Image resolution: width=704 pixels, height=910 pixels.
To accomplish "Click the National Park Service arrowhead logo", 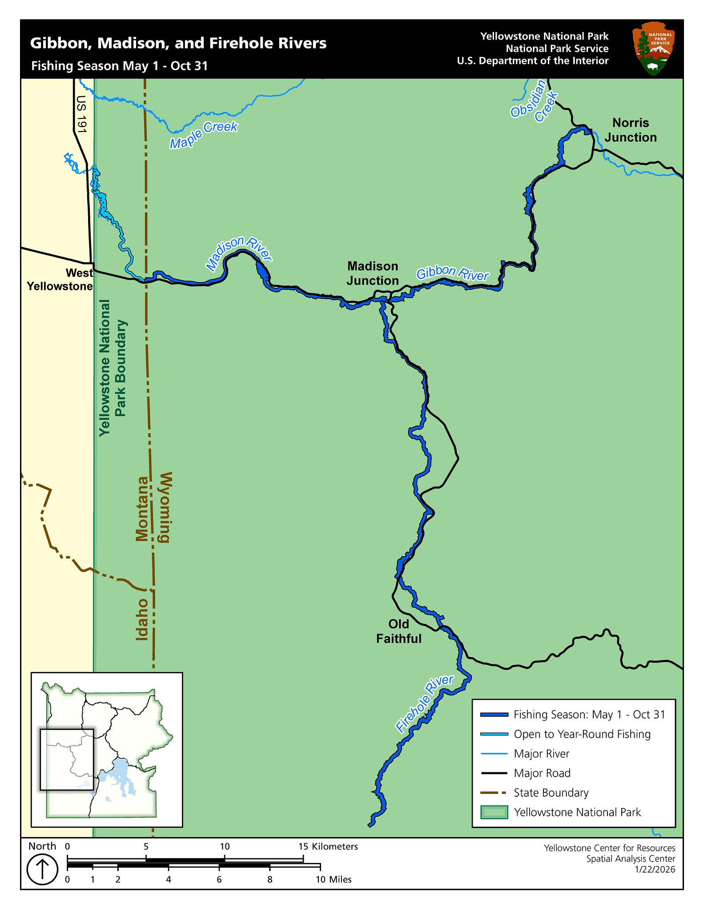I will (x=653, y=49).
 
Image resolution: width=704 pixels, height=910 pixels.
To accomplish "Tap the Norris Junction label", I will (x=630, y=130).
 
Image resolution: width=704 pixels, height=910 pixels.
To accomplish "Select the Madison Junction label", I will (x=372, y=273).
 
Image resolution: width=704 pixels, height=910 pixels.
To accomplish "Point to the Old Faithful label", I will (x=398, y=631).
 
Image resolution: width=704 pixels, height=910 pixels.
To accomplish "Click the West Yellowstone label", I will (x=60, y=279).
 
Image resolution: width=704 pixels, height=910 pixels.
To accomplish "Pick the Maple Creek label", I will (x=204, y=135).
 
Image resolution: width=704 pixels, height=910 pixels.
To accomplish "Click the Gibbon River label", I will (x=452, y=274).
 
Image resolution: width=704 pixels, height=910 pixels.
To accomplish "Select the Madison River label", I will (x=238, y=254).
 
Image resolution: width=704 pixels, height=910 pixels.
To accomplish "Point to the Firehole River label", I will (x=425, y=703).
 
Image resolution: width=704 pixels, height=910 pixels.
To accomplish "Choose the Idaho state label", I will (x=141, y=619).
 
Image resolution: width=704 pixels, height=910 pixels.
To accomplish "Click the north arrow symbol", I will (x=42, y=869).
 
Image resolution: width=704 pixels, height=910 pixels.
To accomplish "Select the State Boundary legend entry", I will (x=551, y=793).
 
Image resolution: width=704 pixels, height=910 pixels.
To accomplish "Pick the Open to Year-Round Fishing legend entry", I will (x=582, y=734).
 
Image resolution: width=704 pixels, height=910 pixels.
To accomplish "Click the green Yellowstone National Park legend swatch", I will (x=494, y=812).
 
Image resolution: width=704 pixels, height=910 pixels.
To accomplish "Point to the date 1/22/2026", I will (x=655, y=869).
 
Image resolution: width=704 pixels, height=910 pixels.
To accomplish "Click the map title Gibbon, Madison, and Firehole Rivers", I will (x=178, y=44).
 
